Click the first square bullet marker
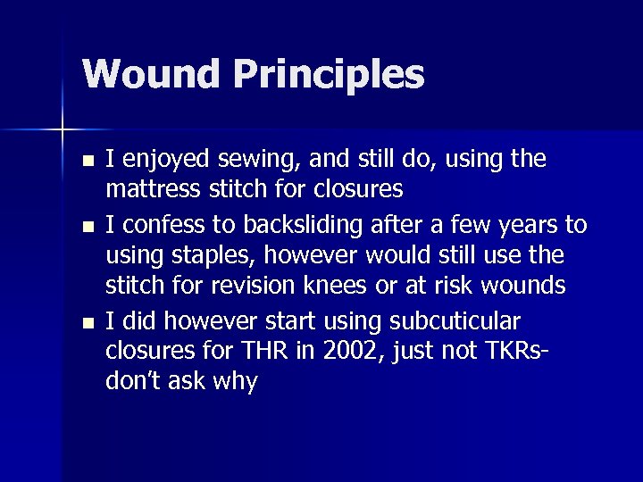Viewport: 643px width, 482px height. [86, 162]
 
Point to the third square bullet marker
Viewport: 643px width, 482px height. [86, 320]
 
